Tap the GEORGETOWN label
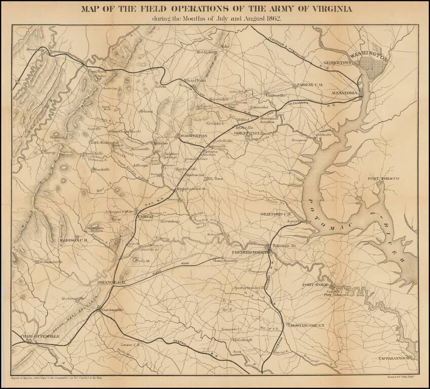click(x=338, y=62)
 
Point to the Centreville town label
click(x=276, y=95)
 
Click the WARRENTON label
click(x=193, y=136)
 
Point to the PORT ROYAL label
click(x=317, y=285)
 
